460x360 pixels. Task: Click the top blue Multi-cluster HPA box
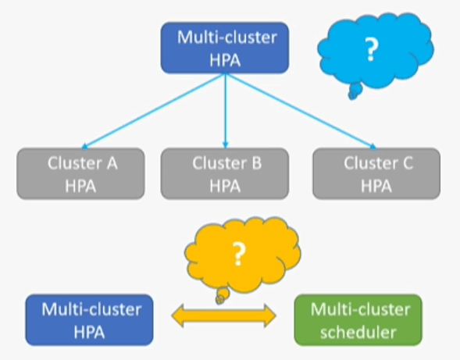(x=225, y=48)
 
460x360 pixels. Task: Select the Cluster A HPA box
(x=80, y=173)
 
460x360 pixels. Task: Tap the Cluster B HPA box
(x=225, y=173)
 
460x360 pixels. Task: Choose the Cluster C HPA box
(x=376, y=173)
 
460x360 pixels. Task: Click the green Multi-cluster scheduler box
(x=358, y=320)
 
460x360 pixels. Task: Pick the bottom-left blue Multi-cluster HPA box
(x=89, y=320)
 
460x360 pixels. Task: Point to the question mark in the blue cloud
(x=371, y=50)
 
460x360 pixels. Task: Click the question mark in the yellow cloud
(x=238, y=254)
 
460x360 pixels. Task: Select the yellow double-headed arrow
(x=224, y=315)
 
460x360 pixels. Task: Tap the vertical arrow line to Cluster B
(x=225, y=111)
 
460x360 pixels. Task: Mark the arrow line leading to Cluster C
(x=301, y=111)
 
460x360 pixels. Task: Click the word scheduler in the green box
(x=358, y=333)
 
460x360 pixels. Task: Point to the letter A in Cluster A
(x=112, y=163)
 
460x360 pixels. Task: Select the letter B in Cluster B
(x=256, y=163)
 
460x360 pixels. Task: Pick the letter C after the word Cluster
(x=408, y=163)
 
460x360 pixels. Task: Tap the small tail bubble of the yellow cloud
(x=223, y=296)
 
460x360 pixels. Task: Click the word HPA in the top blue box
(x=225, y=60)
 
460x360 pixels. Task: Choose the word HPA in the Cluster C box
(x=376, y=186)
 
